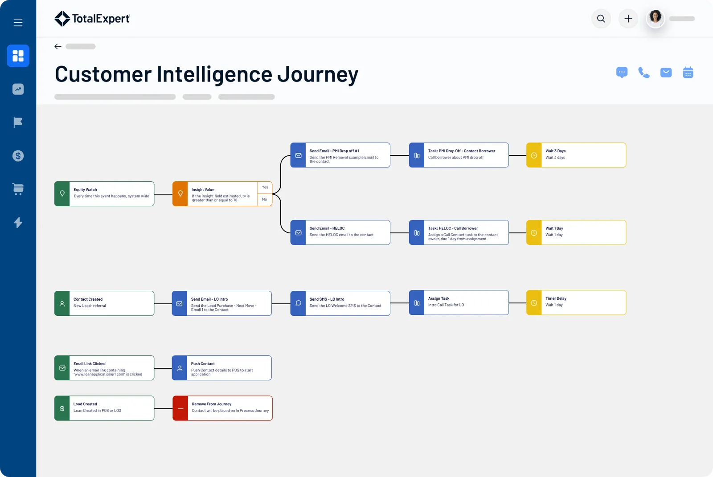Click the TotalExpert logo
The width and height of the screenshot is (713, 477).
pos(92,19)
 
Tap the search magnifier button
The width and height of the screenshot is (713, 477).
pos(601,19)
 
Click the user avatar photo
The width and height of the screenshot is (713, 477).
pos(655,18)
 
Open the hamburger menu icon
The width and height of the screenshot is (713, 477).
pos(18,22)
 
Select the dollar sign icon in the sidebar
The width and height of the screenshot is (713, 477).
pos(18,156)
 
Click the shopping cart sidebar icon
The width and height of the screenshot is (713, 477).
pos(18,189)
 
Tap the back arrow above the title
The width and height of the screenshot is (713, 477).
pos(58,46)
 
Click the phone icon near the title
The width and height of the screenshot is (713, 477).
pos(643,73)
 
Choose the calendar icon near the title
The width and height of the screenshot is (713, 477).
pos(688,73)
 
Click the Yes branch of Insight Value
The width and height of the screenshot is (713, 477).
pos(265,188)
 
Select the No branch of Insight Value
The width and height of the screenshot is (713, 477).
pos(265,200)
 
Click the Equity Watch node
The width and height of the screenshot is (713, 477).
pos(104,194)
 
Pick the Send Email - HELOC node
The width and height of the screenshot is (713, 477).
pos(340,232)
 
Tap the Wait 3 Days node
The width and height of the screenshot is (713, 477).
pos(576,155)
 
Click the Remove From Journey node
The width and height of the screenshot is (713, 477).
pos(222,408)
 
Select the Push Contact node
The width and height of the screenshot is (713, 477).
pos(221,368)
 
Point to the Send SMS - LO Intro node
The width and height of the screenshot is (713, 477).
pos(340,303)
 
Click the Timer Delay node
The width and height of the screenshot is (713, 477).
pos(576,302)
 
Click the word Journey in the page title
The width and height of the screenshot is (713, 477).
pos(318,75)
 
